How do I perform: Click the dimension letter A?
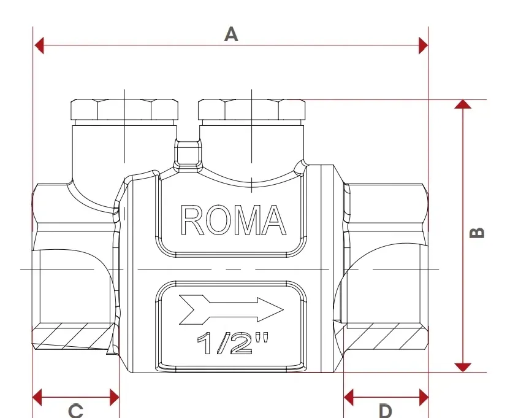pyautogui.click(x=231, y=34)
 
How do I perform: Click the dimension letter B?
pyautogui.click(x=477, y=233)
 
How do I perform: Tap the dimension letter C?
pyautogui.click(x=76, y=411)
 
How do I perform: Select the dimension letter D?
pyautogui.click(x=386, y=411)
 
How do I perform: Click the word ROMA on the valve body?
pyautogui.click(x=233, y=220)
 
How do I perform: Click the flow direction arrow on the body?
pyautogui.click(x=231, y=310)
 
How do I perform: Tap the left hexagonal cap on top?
pyautogui.click(x=124, y=109)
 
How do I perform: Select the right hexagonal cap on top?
pyautogui.click(x=252, y=109)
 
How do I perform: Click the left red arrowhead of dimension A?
pyautogui.click(x=39, y=45)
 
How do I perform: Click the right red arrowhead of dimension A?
pyautogui.click(x=424, y=45)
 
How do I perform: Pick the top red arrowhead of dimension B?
pyautogui.click(x=463, y=104)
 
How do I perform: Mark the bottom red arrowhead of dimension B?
pyautogui.click(x=463, y=368)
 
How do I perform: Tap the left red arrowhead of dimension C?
pyautogui.click(x=37, y=397)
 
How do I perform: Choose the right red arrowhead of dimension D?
pyautogui.click(x=424, y=397)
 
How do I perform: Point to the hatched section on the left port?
pyautogui.click(x=75, y=336)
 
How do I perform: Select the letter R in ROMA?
pyautogui.click(x=192, y=220)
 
